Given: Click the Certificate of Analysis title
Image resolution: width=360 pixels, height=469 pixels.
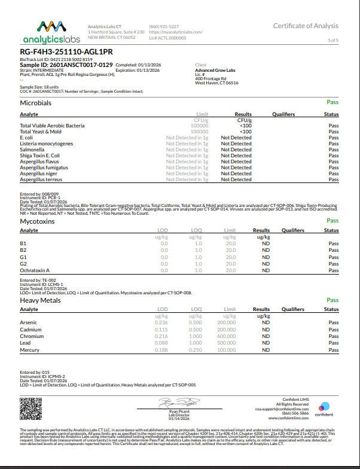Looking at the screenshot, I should pyautogui.click(x=306, y=26).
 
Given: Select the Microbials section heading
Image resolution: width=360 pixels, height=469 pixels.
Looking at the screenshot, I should pyautogui.click(x=35, y=103).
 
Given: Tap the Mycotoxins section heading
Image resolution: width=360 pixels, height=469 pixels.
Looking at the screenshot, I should pyautogui.click(x=37, y=221).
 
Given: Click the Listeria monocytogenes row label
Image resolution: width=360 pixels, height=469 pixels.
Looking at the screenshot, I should pyautogui.click(x=47, y=144).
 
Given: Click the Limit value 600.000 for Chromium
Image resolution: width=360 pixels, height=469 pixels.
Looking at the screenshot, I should pyautogui.click(x=226, y=336).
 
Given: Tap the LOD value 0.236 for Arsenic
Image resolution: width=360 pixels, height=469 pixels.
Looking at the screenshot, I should pyautogui.click(x=161, y=322).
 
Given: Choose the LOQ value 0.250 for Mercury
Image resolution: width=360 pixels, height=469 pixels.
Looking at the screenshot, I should pyautogui.click(x=195, y=349).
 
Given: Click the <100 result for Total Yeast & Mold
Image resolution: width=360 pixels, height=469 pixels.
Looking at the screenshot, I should pyautogui.click(x=245, y=132).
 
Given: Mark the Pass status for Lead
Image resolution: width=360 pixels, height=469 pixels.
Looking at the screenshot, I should pyautogui.click(x=333, y=343).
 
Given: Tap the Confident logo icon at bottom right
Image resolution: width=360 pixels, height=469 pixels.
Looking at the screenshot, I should pyautogui.click(x=324, y=407).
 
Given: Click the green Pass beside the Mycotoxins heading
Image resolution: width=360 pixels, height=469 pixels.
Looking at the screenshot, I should pyautogui.click(x=332, y=221).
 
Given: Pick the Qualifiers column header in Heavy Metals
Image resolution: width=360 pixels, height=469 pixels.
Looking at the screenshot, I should pyautogui.click(x=293, y=309).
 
